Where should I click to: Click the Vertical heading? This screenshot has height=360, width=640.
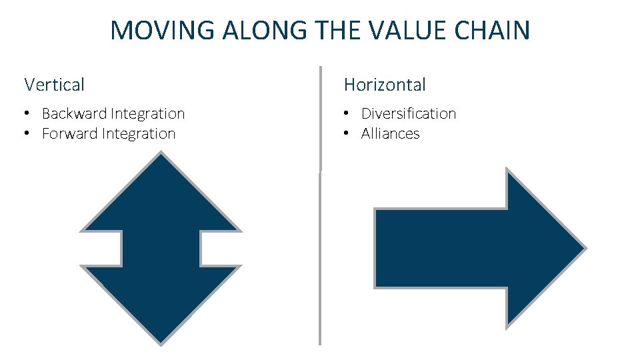pyautogui.click(x=54, y=85)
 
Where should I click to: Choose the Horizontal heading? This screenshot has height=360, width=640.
pyautogui.click(x=385, y=85)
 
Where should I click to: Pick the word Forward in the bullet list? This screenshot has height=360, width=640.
pyautogui.click(x=70, y=134)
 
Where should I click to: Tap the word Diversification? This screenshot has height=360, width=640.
pyautogui.click(x=409, y=114)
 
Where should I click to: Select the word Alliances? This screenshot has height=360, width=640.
pyautogui.click(x=391, y=134)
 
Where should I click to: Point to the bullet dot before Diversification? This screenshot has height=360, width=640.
pyautogui.click(x=347, y=115)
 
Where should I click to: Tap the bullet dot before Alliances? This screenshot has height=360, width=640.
pyautogui.click(x=347, y=135)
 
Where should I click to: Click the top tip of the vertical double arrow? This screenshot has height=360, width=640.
pyautogui.click(x=161, y=155)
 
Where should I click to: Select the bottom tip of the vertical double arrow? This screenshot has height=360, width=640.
pyautogui.click(x=161, y=343)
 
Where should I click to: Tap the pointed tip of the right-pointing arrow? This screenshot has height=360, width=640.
pyautogui.click(x=584, y=249)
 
